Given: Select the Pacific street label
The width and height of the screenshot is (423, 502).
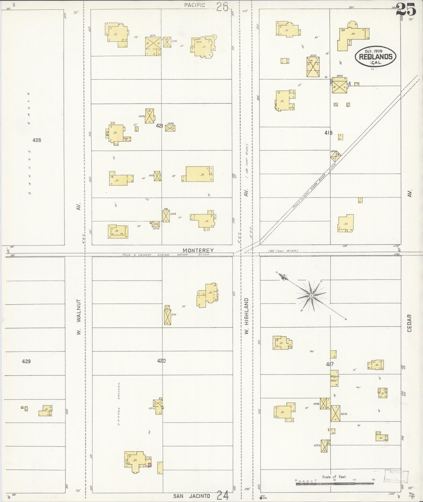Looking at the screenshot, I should point(195,5).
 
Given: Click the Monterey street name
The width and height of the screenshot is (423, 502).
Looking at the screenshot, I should point(198,250).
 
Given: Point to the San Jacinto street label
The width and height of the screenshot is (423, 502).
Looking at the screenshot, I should point(191,496).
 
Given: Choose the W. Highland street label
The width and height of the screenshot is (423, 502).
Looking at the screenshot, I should point(246,316).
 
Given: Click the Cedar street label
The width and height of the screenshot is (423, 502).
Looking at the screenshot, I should point(409,323).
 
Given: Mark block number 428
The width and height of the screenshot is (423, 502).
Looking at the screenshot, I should point(37,140).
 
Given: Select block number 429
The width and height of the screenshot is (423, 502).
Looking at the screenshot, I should point(26,361).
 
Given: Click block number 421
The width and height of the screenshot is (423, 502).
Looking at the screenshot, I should point(160,126).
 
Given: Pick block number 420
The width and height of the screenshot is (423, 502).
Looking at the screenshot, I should point(161,361).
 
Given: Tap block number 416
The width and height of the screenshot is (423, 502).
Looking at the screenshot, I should point(328,133).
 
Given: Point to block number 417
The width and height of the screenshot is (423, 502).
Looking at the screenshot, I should point(330,364).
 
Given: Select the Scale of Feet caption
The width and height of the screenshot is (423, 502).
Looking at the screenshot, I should point(334,477).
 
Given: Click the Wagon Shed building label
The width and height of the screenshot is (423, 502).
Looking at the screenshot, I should point(334,378).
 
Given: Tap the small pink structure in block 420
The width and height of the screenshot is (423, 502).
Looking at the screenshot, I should point(149,465).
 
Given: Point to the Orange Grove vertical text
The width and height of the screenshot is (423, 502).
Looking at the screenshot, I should point(29,144).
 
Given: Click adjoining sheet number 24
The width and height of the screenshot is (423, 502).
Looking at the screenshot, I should point(222,496).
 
